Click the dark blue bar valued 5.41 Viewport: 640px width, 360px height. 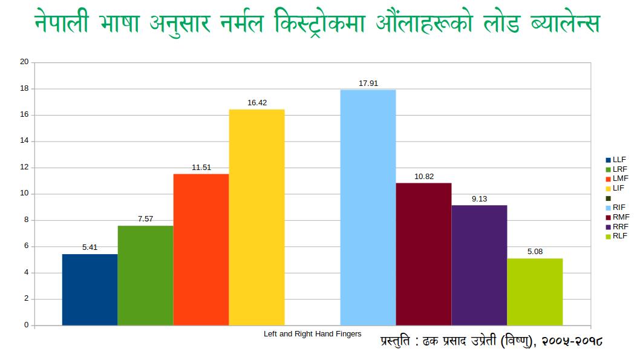click(90, 289)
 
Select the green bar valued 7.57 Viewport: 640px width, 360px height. click(145, 275)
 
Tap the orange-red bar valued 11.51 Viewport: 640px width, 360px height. click(201, 249)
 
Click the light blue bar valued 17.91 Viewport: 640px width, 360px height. click(368, 207)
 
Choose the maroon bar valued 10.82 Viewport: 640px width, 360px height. click(423, 254)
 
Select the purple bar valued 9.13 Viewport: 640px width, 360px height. click(479, 265)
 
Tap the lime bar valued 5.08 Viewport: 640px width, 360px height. click(535, 292)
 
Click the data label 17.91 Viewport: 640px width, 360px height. click(368, 83)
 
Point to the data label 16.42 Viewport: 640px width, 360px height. click(256, 103)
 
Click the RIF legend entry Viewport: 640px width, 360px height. click(618, 208)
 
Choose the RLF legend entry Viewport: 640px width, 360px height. click(618, 236)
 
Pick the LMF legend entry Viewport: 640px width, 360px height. click(618, 178)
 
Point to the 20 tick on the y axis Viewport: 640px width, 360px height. click(24, 62)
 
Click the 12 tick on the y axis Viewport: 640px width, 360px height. click(24, 168)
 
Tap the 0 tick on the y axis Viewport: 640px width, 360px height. click(26, 325)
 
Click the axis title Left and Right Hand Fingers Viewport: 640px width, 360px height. click(312, 334)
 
